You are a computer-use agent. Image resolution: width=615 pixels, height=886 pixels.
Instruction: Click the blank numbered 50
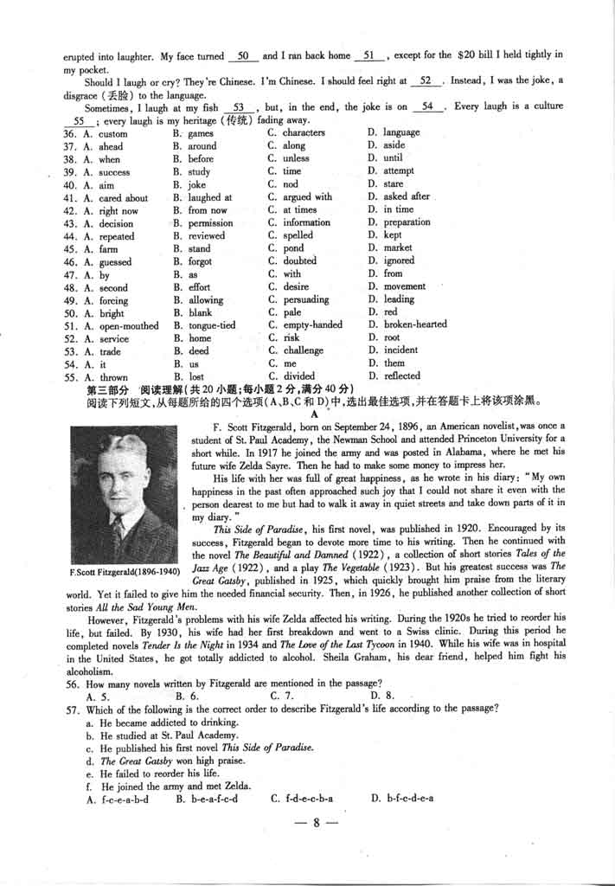tap(243, 56)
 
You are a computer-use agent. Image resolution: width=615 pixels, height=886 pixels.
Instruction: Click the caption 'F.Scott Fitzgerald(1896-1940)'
tap(123, 572)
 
